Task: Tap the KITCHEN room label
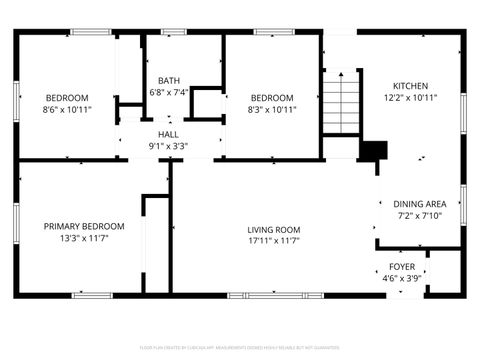click(410, 86)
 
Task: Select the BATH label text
click(168, 81)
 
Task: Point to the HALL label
click(168, 134)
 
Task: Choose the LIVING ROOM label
click(274, 229)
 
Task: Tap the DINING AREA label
click(418, 202)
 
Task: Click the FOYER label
click(402, 267)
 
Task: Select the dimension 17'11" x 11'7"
click(274, 241)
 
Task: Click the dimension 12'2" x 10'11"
click(410, 98)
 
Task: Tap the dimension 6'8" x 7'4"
click(168, 93)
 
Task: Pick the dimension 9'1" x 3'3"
click(168, 146)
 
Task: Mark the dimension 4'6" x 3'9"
click(402, 279)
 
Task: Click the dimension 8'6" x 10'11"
click(67, 109)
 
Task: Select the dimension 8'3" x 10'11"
click(271, 109)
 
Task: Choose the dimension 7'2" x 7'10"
click(418, 214)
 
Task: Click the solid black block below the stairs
click(372, 150)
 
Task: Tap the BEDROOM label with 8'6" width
click(67, 97)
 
